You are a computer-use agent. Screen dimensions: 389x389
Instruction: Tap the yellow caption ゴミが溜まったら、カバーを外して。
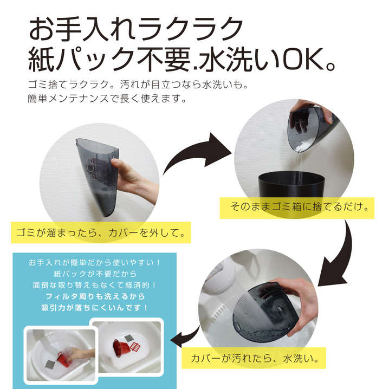pyautogui.click(x=101, y=232)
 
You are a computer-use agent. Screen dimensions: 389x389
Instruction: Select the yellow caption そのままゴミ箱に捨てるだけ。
pyautogui.click(x=297, y=208)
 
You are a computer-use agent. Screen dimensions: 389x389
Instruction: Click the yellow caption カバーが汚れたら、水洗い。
pyautogui.click(x=254, y=358)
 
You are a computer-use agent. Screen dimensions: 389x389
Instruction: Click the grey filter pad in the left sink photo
pyautogui.click(x=50, y=364)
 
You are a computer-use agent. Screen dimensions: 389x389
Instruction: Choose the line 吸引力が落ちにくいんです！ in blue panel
pyautogui.click(x=94, y=308)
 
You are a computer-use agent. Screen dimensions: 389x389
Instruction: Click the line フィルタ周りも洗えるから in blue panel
pyautogui.click(x=95, y=296)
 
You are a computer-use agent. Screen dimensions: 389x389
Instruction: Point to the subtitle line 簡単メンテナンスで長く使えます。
pyautogui.click(x=107, y=99)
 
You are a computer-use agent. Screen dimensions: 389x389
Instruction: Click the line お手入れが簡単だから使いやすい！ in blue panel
pyautogui.click(x=94, y=262)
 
